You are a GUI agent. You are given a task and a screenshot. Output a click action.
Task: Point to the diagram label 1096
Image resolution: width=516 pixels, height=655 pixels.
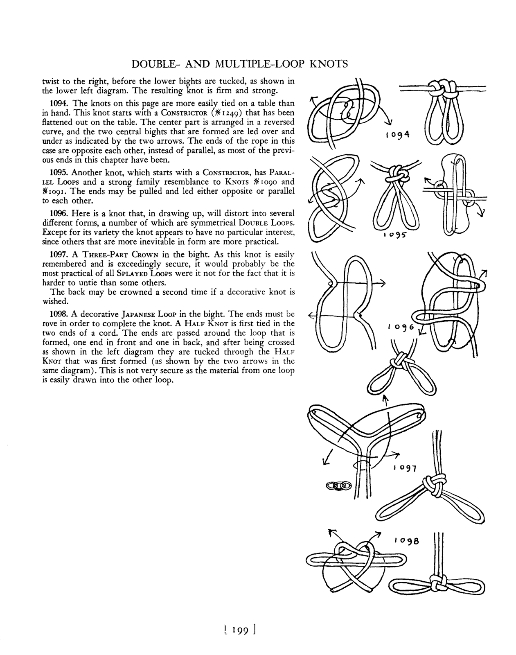[401, 327]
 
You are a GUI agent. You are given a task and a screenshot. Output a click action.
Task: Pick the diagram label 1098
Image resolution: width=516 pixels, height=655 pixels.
[407, 540]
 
